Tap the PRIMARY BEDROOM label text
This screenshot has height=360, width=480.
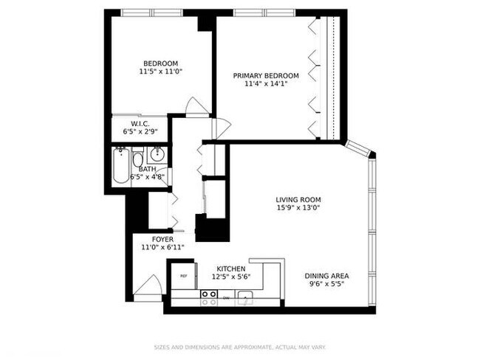pos(266,76)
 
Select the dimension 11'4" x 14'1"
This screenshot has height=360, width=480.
pos(266,84)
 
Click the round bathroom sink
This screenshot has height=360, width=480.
pos(156,156)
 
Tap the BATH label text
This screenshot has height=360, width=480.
pos(147,169)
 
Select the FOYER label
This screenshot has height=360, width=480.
pos(162,240)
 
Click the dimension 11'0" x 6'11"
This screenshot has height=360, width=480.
pos(162,248)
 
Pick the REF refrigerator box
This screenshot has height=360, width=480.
pos(184,276)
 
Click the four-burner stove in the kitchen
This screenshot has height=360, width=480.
pos(209,297)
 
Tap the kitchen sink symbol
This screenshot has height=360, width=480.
pos(246,298)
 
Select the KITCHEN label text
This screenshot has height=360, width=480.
pos(231,269)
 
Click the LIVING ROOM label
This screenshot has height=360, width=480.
pos(298,200)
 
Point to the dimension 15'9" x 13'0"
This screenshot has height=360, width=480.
pos(298,208)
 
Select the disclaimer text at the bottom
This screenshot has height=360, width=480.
pos(240,347)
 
